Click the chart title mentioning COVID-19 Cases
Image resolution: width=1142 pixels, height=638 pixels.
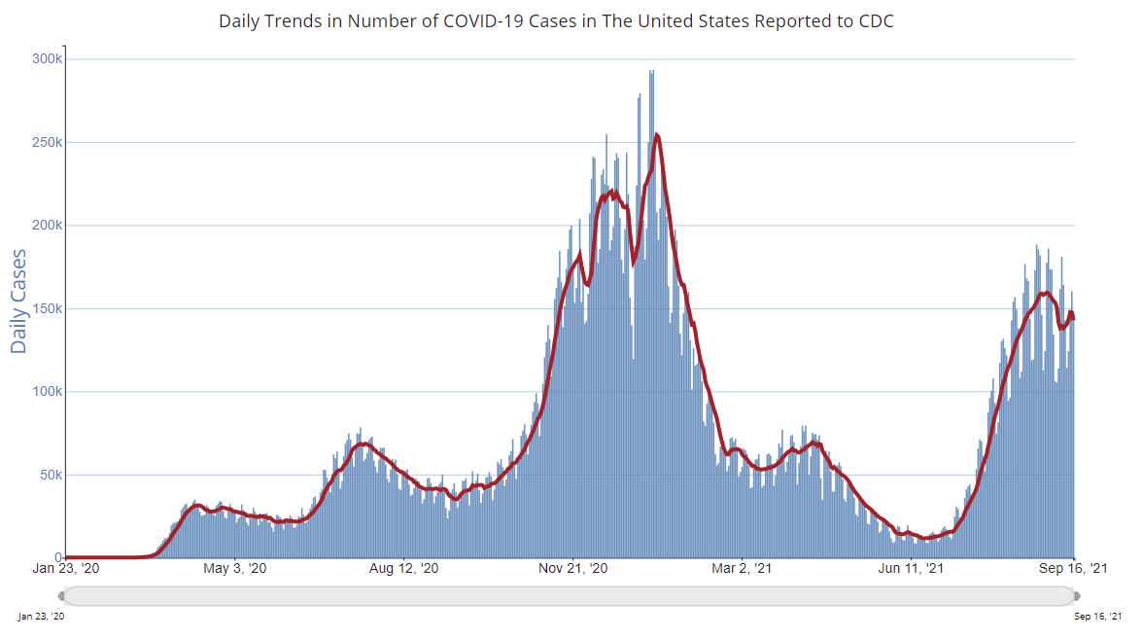pyautogui.click(x=556, y=20)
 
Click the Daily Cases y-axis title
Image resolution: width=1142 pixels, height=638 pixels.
pyautogui.click(x=19, y=301)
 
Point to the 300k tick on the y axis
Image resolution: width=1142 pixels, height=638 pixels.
pyautogui.click(x=47, y=59)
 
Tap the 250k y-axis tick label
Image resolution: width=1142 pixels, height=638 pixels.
pyautogui.click(x=47, y=142)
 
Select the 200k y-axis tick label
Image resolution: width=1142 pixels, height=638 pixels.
pyautogui.click(x=47, y=226)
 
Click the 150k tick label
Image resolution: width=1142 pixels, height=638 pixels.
pyautogui.click(x=47, y=309)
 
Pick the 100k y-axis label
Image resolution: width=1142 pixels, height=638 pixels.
pyautogui.click(x=47, y=392)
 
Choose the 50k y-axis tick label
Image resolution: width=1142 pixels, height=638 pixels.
pyautogui.click(x=50, y=476)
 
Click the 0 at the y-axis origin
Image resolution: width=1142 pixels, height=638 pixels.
pyautogui.click(x=58, y=557)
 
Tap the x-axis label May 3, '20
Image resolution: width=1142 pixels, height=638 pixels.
pyautogui.click(x=235, y=568)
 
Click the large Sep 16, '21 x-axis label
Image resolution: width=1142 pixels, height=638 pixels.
pyautogui.click(x=1074, y=568)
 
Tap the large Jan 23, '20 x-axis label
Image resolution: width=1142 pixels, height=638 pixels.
pyautogui.click(x=64, y=568)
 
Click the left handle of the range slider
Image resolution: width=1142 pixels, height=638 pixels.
pyautogui.click(x=62, y=595)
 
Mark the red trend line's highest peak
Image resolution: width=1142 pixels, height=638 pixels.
pyautogui.click(x=658, y=135)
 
